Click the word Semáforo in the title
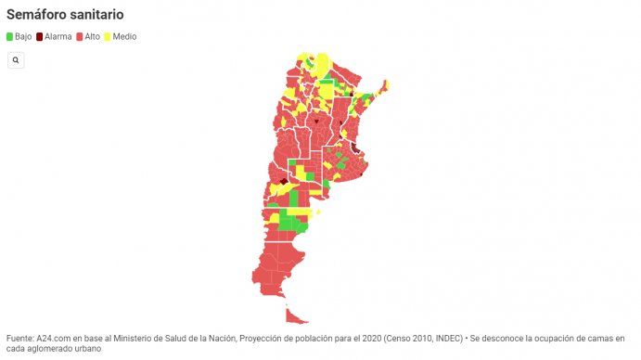(38, 15)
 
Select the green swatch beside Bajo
(10, 36)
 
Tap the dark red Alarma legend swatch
(39, 36)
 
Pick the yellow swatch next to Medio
(107, 36)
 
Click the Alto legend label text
(93, 36)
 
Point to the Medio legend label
(124, 36)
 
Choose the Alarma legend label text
(58, 36)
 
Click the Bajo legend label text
(23, 36)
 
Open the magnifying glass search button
(16, 59)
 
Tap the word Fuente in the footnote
(20, 339)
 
